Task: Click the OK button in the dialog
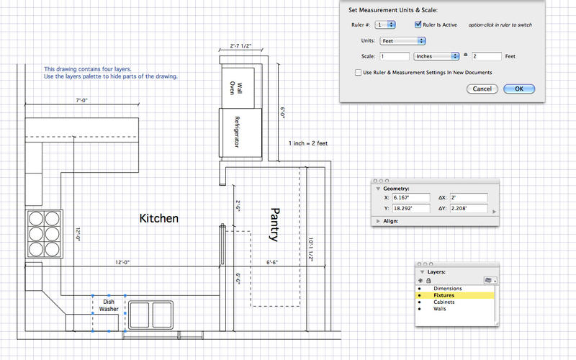(518, 89)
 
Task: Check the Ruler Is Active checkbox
(418, 24)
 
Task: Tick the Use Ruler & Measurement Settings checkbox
(358, 73)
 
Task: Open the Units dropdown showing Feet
(402, 41)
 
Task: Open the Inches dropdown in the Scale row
(436, 56)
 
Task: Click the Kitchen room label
(158, 218)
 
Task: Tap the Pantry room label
(274, 225)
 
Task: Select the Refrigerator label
(237, 132)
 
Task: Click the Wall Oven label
(235, 88)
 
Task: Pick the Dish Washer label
(109, 305)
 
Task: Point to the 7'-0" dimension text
(81, 100)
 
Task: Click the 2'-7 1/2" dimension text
(240, 46)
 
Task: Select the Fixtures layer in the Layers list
(444, 295)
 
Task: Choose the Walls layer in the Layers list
(439, 309)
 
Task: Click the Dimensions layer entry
(447, 289)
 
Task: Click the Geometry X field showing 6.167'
(411, 197)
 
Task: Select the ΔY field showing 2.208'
(469, 208)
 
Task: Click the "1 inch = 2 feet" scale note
(308, 143)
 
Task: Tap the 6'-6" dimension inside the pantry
(272, 262)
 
